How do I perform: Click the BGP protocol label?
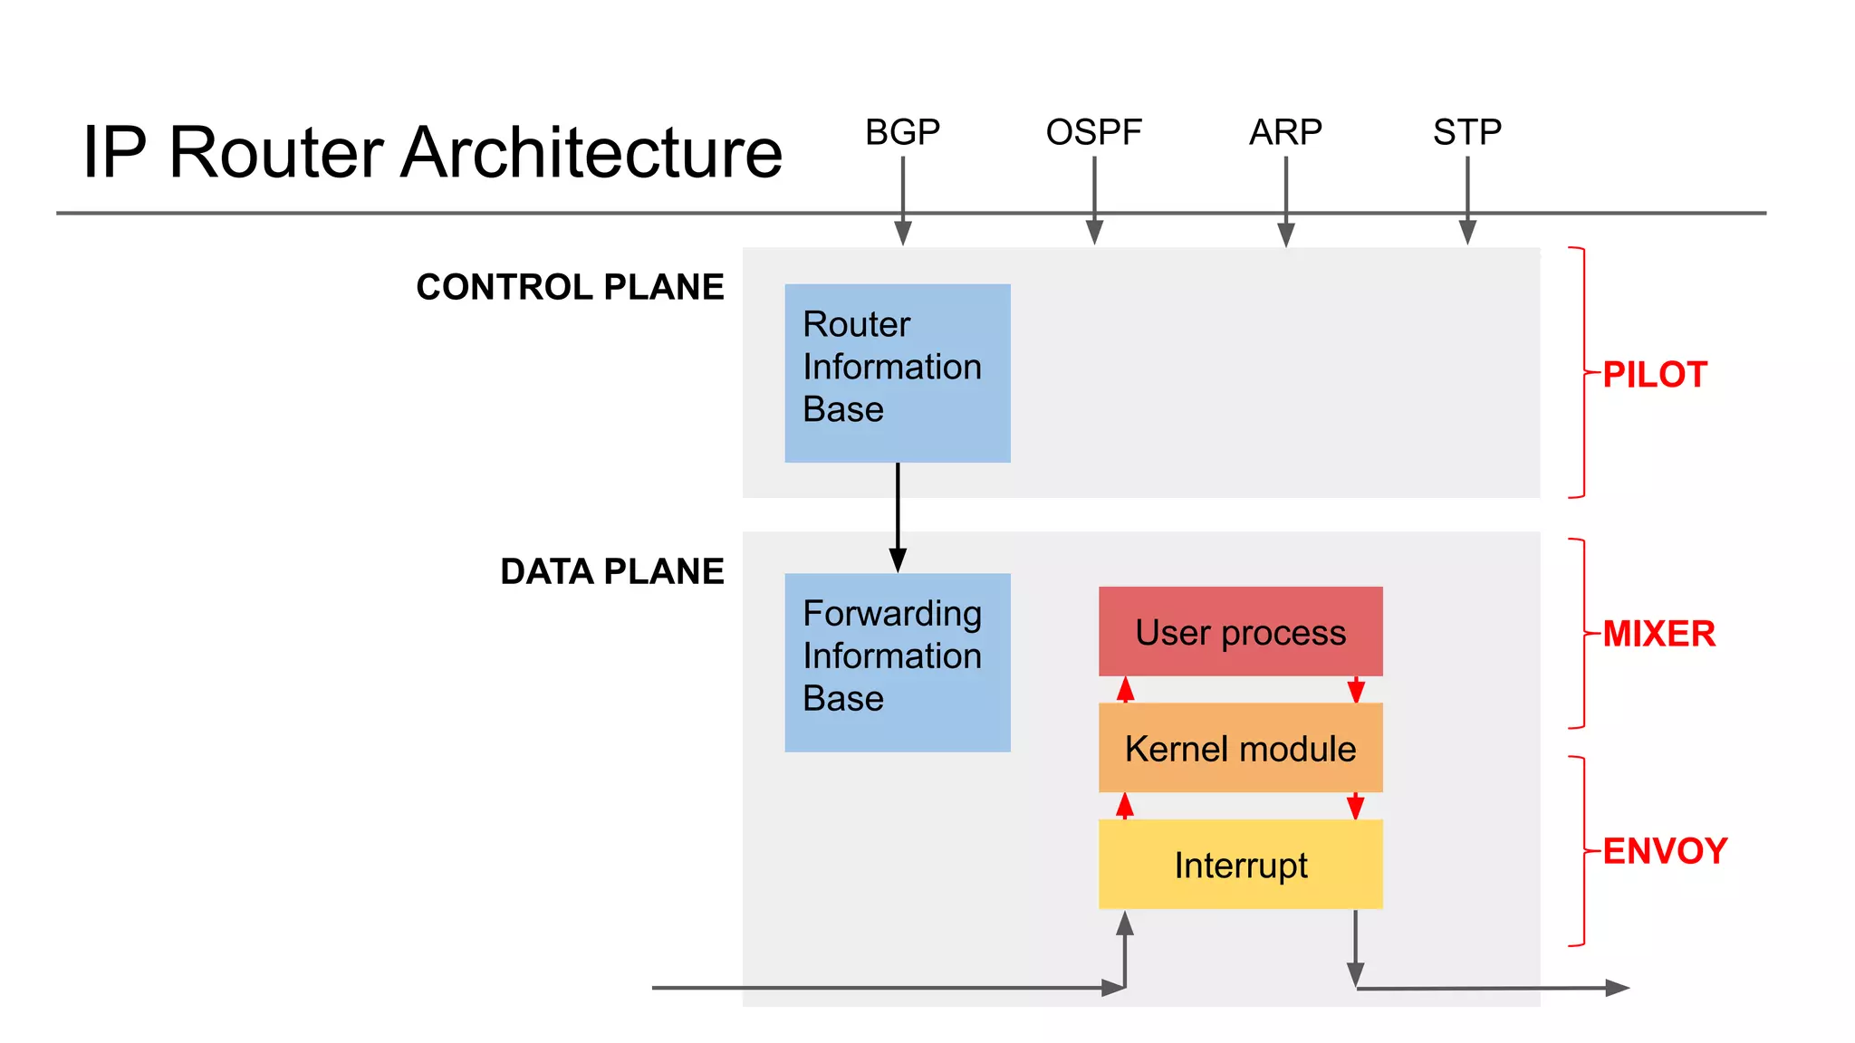click(902, 132)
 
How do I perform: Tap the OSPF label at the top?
click(1093, 132)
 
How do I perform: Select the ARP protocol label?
click(1285, 132)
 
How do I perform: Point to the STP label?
click(1467, 132)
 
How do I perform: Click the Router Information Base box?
click(897, 373)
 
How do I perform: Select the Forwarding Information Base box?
click(897, 662)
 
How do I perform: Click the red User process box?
click(1240, 632)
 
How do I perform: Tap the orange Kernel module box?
click(1240, 749)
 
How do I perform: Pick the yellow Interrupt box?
click(1240, 865)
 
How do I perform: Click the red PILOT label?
click(1655, 375)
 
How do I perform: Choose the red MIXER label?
click(1658, 634)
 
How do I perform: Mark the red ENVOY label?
click(1665, 851)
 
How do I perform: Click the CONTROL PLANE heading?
click(570, 287)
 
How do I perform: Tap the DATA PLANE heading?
click(611, 571)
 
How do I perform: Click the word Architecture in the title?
click(591, 152)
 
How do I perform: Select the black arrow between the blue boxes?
click(898, 516)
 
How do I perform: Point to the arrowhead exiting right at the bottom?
click(1617, 988)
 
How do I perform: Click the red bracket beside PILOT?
click(1581, 371)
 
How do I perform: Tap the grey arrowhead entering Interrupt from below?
click(1125, 923)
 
